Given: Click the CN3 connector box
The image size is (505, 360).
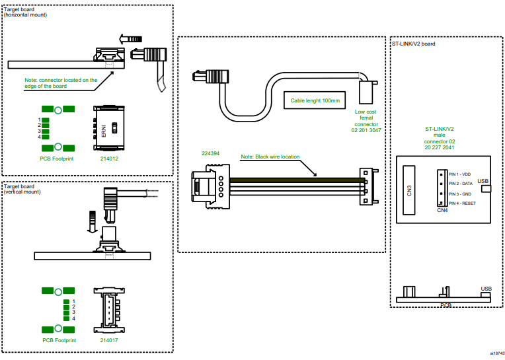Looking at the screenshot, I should pyautogui.click(x=410, y=190).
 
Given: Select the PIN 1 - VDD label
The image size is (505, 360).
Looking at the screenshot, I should pyautogui.click(x=461, y=174).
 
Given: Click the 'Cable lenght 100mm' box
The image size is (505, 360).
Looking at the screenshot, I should pyautogui.click(x=315, y=101).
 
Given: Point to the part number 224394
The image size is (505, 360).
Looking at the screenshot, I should pyautogui.click(x=211, y=153).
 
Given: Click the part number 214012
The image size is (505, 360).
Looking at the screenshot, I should pyautogui.click(x=109, y=159).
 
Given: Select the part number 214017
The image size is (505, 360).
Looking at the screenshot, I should pyautogui.click(x=109, y=340).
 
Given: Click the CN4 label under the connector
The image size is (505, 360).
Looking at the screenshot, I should pyautogui.click(x=442, y=211).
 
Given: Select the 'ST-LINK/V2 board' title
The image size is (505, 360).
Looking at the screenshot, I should pyautogui.click(x=413, y=44).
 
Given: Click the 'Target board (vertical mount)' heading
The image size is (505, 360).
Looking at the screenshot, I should pyautogui.click(x=23, y=189).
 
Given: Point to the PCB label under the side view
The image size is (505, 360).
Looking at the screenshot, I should pyautogui.click(x=446, y=305).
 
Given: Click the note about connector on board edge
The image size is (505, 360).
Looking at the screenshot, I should pyautogui.click(x=61, y=83).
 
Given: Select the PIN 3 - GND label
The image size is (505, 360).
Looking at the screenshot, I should pyautogui.click(x=461, y=194).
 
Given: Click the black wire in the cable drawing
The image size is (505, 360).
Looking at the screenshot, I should pyautogui.click(x=297, y=180).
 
